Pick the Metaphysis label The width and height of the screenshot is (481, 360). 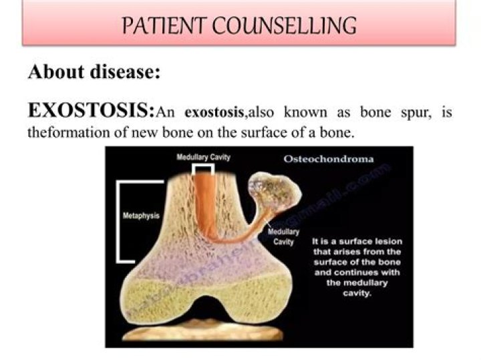pos(140,216)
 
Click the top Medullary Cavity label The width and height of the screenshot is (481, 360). pos(204,158)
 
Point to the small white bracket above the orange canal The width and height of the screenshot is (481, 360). pos(204,170)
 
